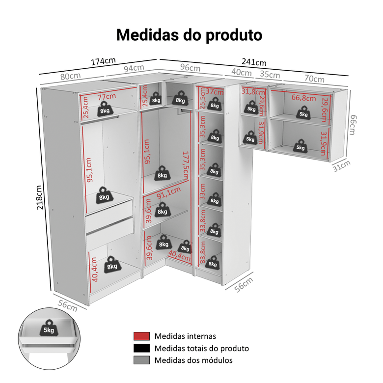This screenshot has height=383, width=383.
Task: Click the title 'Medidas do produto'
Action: point(189,35)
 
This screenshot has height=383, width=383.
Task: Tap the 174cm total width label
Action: point(104,61)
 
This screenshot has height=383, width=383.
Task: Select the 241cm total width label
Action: point(254,62)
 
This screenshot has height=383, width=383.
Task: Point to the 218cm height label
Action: point(42,197)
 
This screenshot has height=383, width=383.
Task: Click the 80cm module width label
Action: point(71,77)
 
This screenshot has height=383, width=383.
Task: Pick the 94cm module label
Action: point(134,68)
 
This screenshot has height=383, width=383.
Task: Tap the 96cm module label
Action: point(190,67)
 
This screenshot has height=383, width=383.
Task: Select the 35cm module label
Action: point(270,75)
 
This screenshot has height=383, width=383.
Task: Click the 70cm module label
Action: point(314,79)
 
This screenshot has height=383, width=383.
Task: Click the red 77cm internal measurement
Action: point(106,97)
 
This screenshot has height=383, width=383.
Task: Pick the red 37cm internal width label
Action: point(215,91)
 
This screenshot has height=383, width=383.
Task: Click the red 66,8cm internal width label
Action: point(304,98)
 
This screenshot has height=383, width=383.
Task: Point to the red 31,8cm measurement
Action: point(251,91)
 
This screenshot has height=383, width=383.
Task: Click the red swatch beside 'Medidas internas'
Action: point(141,336)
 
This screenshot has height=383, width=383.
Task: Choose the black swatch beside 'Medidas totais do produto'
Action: point(141,348)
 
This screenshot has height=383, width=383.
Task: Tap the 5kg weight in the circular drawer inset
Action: point(49,329)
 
